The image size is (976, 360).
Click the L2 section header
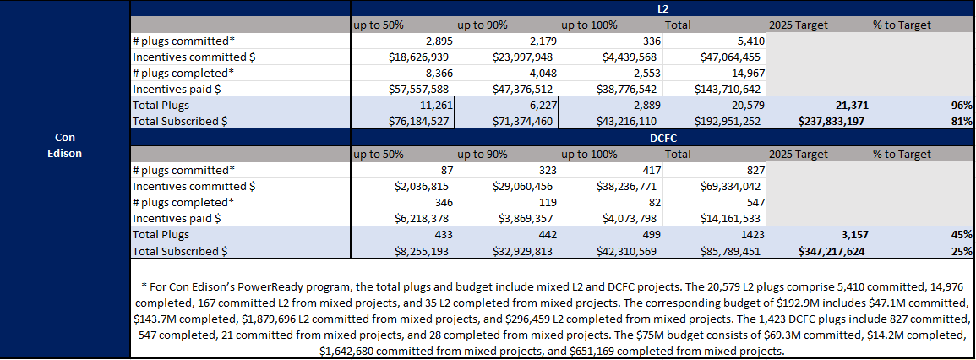(x=663, y=8)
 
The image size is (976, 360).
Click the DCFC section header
(x=663, y=137)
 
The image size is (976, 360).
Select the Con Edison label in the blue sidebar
(x=64, y=145)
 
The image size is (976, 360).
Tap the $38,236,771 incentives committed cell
(x=622, y=186)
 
